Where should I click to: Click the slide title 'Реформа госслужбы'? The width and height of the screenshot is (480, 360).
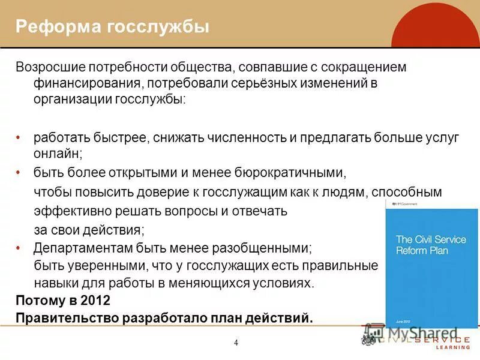point(112,27)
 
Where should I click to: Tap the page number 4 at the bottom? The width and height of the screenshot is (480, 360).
point(236,343)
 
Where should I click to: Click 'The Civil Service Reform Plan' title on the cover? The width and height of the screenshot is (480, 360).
point(430,245)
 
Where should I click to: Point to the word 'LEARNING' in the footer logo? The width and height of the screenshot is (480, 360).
point(453,347)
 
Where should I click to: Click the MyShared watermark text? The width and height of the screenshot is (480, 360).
point(423,332)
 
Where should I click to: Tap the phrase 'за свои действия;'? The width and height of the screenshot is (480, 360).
point(89,229)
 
